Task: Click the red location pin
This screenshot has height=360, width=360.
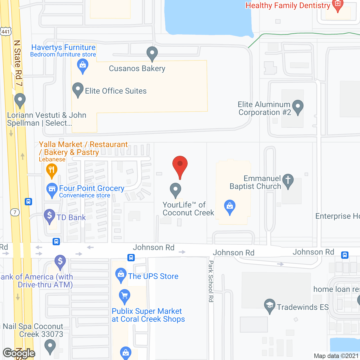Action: coord(180,166)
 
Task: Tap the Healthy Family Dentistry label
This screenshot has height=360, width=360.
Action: coord(288,6)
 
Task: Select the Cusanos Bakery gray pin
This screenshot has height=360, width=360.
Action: coord(152,53)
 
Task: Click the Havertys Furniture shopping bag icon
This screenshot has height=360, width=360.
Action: coord(83,66)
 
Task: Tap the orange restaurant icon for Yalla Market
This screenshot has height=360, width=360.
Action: coord(51,170)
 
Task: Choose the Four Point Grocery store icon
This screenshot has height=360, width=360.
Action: coord(52,190)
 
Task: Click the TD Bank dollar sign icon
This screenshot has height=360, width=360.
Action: coord(49,216)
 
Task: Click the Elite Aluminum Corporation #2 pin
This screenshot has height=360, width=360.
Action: coord(298,107)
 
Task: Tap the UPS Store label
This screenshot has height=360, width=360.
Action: coord(153,276)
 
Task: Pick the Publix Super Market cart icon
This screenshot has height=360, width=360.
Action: coord(125,296)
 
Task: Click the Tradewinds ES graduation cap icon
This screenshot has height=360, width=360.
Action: coord(269,306)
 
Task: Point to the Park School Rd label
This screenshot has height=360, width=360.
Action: coord(211,281)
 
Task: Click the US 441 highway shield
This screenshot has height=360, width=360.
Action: coord(6,31)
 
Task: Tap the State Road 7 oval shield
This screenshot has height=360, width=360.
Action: coord(15,212)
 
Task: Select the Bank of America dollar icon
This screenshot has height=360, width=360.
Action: coord(60,262)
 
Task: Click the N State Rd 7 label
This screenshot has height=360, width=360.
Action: coord(18,63)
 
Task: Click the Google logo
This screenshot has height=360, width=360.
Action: coord(19,353)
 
